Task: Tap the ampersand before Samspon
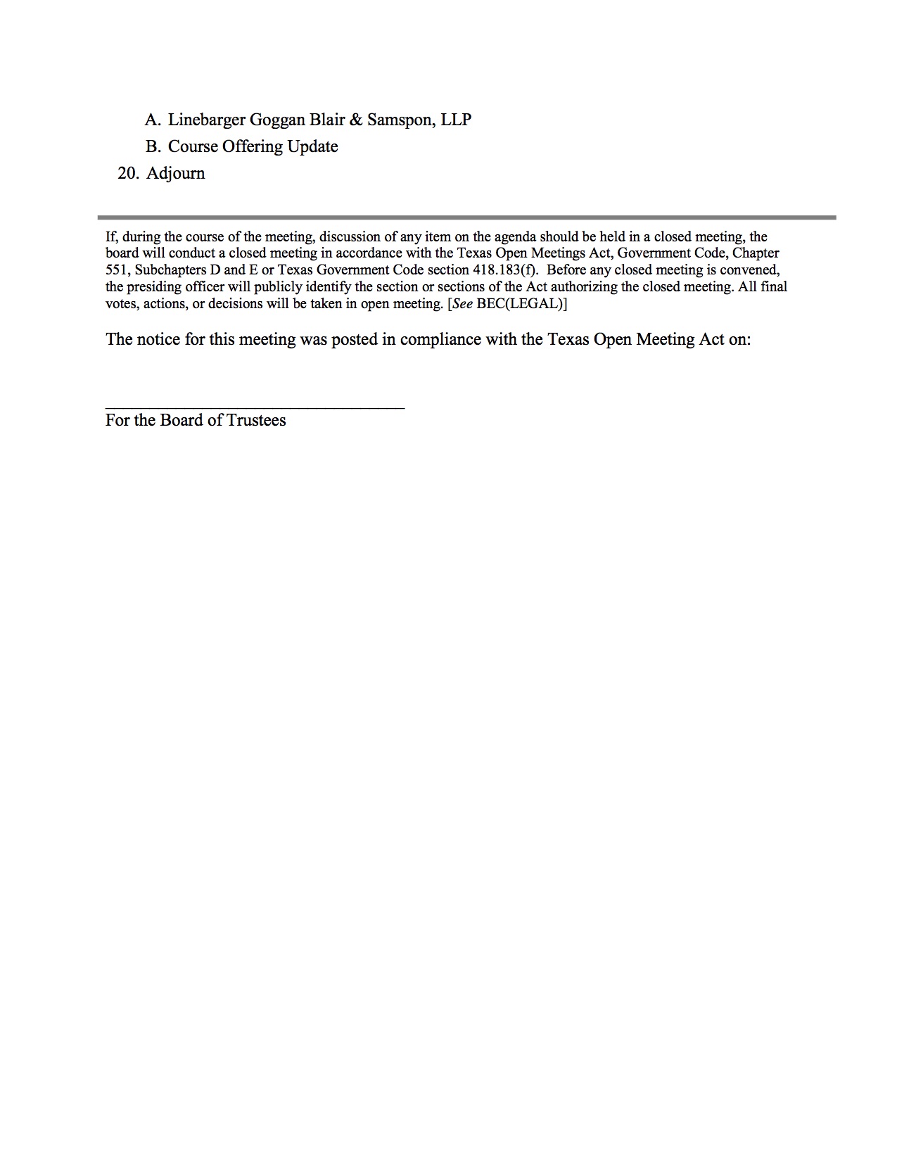coord(356,120)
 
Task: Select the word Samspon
coord(400,120)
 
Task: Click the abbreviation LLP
coord(456,120)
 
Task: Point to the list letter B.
coord(153,147)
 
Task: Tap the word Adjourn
coord(176,174)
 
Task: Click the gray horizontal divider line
coord(466,217)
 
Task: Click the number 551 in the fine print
coord(117,270)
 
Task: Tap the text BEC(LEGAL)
coord(520,304)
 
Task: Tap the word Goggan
coord(277,120)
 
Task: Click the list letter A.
coord(153,120)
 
